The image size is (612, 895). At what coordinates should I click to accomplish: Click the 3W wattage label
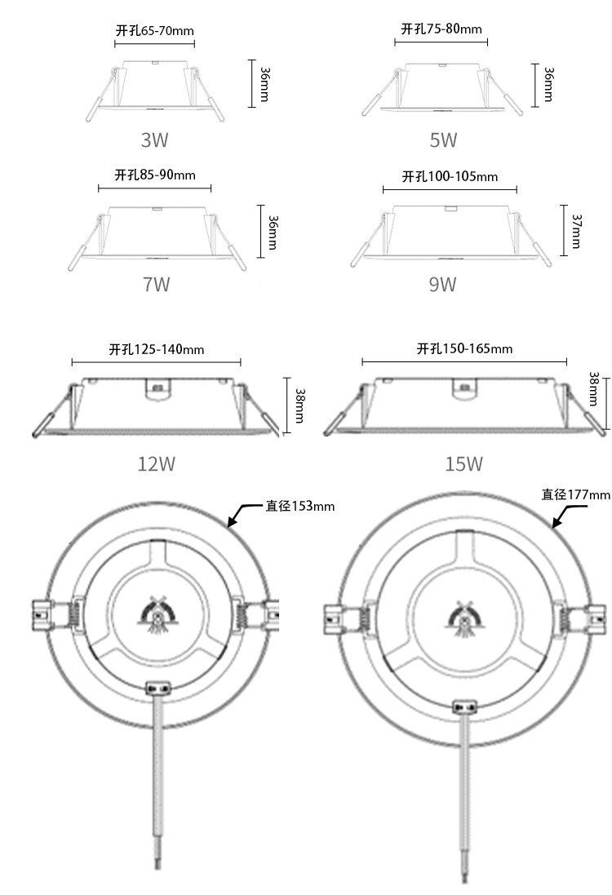[x=155, y=140]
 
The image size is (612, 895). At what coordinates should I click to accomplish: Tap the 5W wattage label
[x=444, y=140]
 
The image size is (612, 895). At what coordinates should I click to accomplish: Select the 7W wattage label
[x=156, y=284]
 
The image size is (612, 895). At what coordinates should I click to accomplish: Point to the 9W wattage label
[x=443, y=284]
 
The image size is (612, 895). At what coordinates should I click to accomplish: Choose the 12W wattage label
[x=157, y=463]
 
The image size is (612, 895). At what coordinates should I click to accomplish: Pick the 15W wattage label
[x=464, y=463]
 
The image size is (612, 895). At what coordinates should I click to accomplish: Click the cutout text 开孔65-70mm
[x=155, y=30]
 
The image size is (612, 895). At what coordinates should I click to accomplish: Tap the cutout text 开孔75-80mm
[x=441, y=29]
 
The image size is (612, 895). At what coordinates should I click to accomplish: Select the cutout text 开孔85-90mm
[x=155, y=174]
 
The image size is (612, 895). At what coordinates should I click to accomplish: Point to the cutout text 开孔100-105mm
[x=450, y=176]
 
